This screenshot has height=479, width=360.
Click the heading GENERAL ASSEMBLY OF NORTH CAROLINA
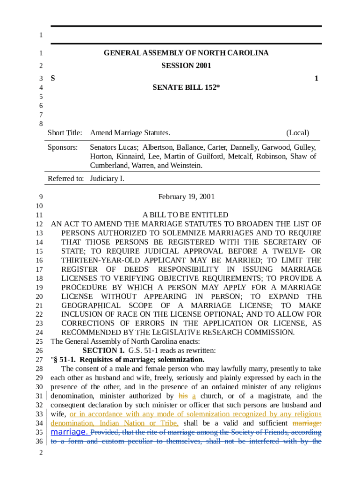coord(186,53)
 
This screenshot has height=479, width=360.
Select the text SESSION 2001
coord(186,65)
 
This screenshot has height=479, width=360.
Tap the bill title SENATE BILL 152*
coord(186,87)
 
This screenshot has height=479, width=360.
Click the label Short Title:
coord(65,133)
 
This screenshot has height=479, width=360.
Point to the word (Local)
coord(297,133)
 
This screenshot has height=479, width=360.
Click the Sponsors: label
coord(63,147)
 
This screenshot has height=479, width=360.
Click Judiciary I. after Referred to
coord(107,179)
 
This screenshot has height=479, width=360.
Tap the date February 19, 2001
coord(186,197)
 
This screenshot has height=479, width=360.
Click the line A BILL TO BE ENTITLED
coord(186,215)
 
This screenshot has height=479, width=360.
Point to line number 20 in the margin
coord(39,297)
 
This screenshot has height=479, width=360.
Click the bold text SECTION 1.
coord(103,350)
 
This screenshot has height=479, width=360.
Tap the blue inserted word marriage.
coord(70,432)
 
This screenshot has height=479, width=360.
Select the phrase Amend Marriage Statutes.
coord(130,133)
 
